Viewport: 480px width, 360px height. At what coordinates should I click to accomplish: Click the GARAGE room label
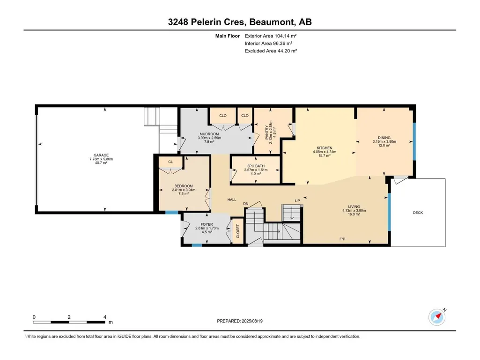pyautogui.click(x=101, y=155)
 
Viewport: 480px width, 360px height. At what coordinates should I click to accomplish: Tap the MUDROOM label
pyautogui.click(x=209, y=134)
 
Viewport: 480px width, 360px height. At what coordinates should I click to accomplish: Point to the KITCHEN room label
pyautogui.click(x=325, y=148)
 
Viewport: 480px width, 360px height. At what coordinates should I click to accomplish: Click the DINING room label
pyautogui.click(x=384, y=138)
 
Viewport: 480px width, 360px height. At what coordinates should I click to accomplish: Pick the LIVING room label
pyautogui.click(x=354, y=206)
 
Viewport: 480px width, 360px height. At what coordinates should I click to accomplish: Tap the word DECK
pyautogui.click(x=418, y=213)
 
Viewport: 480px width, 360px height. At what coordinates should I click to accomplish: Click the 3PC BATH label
pyautogui.click(x=256, y=166)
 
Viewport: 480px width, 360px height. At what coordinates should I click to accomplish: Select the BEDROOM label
pyautogui.click(x=184, y=186)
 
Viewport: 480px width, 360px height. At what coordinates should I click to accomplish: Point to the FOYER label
pyautogui.click(x=207, y=224)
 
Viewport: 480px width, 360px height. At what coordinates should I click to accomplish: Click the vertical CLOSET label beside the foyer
pyautogui.click(x=238, y=231)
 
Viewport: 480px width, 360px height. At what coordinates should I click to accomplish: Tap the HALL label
pyautogui.click(x=232, y=199)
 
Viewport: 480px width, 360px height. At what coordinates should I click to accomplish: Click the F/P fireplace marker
pyautogui.click(x=342, y=239)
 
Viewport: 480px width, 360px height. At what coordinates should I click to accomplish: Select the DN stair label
pyautogui.click(x=246, y=204)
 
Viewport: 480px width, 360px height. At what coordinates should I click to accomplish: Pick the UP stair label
pyautogui.click(x=297, y=201)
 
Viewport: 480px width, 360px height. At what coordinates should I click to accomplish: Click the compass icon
pyautogui.click(x=437, y=317)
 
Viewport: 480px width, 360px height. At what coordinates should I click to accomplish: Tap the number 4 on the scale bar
pyautogui.click(x=105, y=317)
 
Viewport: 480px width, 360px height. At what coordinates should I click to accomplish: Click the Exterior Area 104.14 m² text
pyautogui.click(x=271, y=36)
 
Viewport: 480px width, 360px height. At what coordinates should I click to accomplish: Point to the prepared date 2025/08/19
pyautogui.click(x=252, y=321)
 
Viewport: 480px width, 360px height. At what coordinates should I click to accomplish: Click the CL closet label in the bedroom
pyautogui.click(x=170, y=162)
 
